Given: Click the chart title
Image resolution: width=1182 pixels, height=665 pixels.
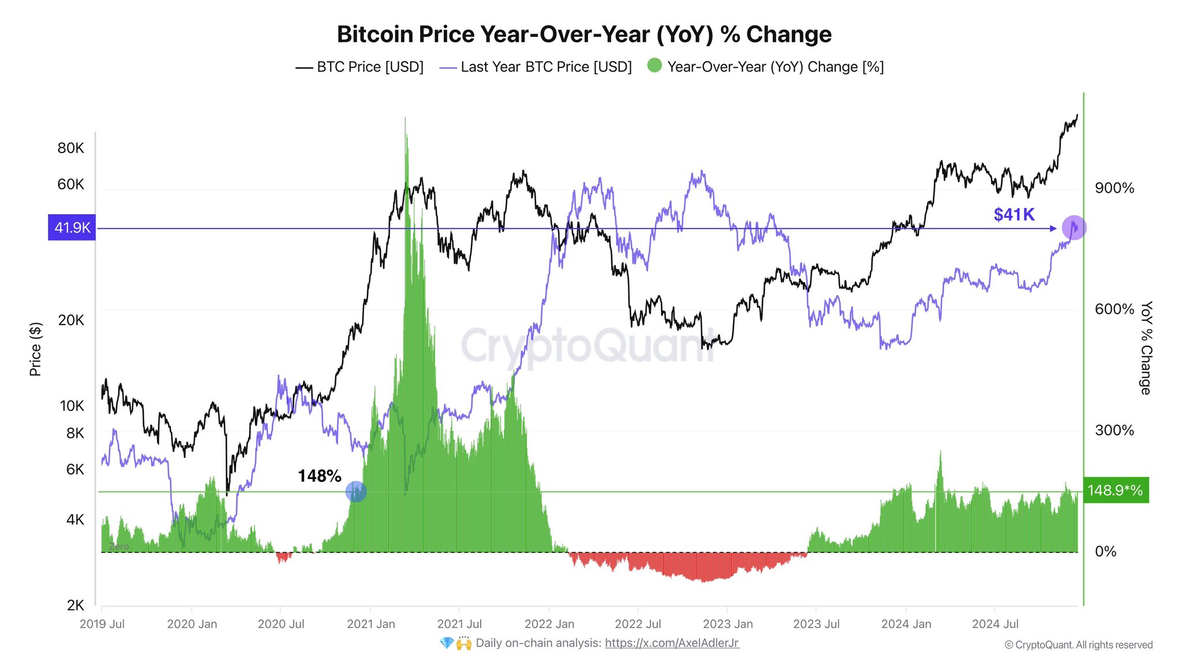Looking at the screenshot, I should click(x=583, y=35).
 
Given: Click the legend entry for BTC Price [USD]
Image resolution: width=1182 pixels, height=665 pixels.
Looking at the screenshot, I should click(x=369, y=67).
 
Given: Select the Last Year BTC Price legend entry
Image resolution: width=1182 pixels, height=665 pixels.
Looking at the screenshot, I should click(x=545, y=67).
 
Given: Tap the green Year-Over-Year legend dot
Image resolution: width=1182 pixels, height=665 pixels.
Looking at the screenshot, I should click(x=654, y=65).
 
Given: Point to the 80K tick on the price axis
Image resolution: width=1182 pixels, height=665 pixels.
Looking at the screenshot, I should click(x=70, y=148).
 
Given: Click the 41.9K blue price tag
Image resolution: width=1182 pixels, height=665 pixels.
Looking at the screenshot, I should click(x=72, y=228).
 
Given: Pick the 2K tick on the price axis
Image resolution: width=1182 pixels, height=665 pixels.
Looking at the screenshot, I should click(x=75, y=606).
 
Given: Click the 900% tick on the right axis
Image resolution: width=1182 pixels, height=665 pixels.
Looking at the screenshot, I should click(x=1114, y=188).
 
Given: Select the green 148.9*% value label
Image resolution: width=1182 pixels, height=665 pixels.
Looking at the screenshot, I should click(x=1115, y=491).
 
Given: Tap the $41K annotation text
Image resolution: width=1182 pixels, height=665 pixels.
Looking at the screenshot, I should click(x=1013, y=215).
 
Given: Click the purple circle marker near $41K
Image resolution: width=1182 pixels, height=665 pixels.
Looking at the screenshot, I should click(x=1073, y=228).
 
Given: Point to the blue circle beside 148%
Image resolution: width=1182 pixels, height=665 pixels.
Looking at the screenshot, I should click(x=356, y=492).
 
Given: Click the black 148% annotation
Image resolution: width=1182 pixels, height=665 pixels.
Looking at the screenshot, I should click(x=319, y=476).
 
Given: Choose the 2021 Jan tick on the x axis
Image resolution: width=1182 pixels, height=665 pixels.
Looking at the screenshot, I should click(x=371, y=624).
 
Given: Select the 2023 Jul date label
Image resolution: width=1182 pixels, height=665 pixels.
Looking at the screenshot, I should click(x=816, y=624).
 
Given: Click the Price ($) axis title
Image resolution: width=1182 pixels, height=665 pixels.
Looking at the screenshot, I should click(x=35, y=349).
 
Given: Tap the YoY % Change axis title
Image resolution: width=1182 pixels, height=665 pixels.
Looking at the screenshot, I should click(x=1146, y=348).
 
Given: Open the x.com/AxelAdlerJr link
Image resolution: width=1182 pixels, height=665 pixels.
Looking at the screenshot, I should click(x=671, y=643).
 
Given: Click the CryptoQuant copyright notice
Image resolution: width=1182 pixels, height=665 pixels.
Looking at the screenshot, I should click(x=1078, y=645).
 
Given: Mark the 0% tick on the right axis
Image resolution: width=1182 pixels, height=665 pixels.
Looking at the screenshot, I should click(x=1105, y=552).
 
